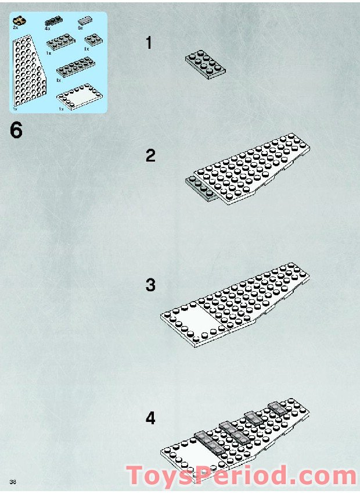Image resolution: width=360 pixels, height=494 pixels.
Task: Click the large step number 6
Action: point(16,131)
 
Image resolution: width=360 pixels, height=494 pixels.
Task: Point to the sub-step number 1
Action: point(150,43)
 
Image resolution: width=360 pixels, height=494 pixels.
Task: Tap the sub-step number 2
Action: point(151,156)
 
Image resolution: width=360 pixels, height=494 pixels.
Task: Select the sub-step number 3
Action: point(151,285)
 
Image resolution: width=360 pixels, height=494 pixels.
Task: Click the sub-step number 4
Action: point(151,418)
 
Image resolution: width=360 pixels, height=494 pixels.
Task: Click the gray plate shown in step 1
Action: point(205,63)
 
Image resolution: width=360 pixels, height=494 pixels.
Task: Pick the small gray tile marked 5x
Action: point(85,21)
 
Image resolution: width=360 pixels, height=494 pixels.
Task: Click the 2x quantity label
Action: point(15,28)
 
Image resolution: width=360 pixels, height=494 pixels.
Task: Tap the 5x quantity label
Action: point(81,28)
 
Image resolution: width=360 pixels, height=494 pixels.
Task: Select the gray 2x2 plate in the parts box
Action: point(91,40)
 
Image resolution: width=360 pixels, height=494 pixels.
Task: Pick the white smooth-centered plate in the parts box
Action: point(79,96)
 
